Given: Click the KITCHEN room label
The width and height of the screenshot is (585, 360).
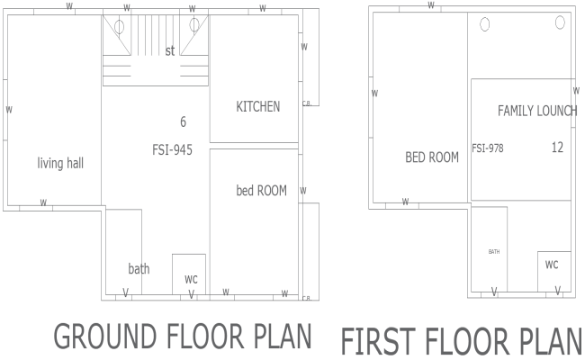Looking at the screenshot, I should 257,106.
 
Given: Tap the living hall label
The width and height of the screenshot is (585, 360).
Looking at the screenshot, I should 60,163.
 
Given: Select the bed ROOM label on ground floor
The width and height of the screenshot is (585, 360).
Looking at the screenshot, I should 261,190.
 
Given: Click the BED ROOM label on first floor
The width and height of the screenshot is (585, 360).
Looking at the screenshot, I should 432,157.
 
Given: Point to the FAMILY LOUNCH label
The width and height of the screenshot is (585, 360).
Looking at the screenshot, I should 537,111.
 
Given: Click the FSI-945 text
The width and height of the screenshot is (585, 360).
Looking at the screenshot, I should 172,148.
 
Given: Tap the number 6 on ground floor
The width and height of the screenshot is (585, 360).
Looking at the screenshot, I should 183,121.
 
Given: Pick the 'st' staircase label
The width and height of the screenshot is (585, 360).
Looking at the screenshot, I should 169,51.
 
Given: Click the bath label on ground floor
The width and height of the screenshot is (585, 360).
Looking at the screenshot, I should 139,268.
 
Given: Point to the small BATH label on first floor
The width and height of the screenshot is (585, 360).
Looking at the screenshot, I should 494,252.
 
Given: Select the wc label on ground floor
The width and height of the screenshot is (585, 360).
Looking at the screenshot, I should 191,279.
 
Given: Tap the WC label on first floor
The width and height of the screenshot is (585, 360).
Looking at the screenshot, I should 552,265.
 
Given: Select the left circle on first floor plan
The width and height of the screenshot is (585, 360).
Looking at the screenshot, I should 484,24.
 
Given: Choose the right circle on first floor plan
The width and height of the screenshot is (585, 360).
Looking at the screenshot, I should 560,25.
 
